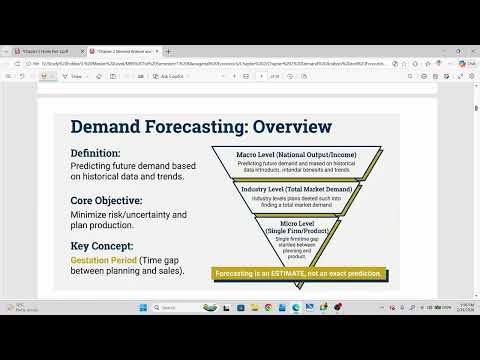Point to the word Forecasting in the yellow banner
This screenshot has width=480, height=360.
click(x=239, y=274)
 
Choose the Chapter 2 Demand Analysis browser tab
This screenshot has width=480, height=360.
click(x=122, y=49)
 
